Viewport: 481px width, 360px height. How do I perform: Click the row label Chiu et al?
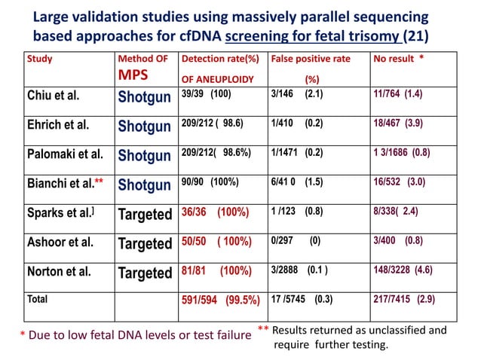click(54, 96)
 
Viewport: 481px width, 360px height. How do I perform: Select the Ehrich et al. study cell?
click(58, 126)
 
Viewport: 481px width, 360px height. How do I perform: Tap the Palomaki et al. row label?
click(65, 155)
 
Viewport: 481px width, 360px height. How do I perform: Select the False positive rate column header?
click(310, 59)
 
